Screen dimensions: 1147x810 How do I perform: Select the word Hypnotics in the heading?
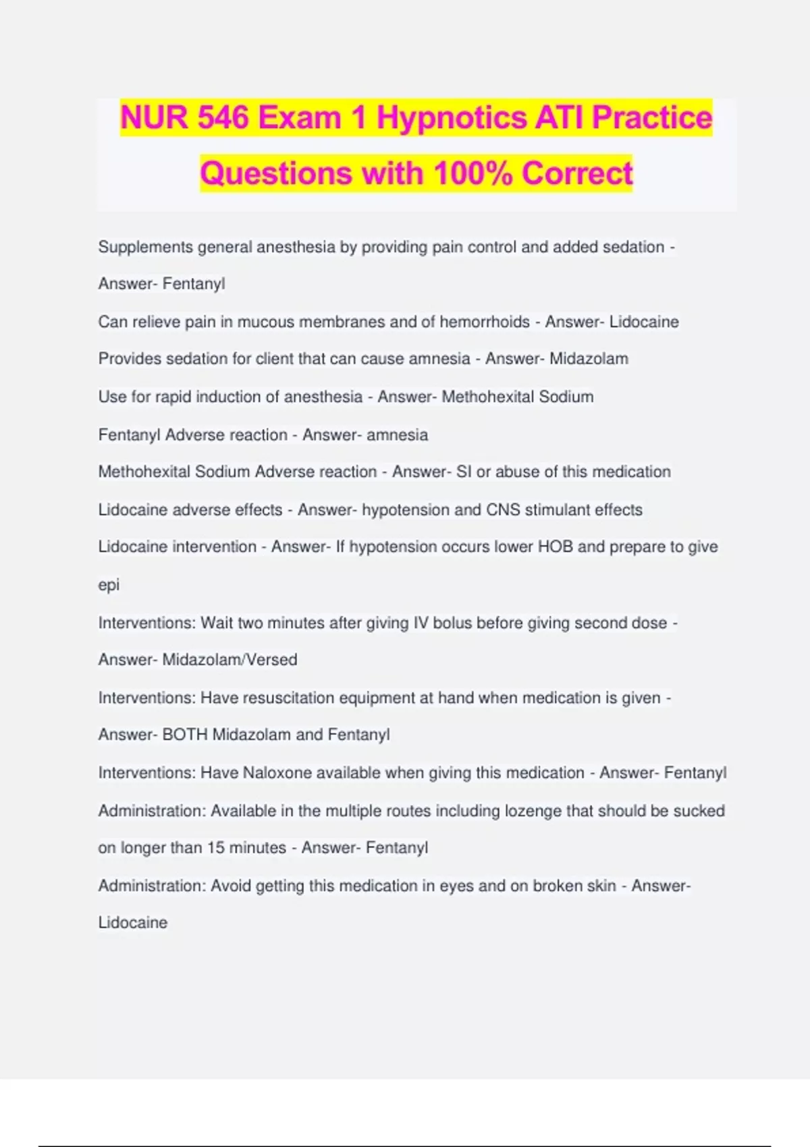(x=452, y=118)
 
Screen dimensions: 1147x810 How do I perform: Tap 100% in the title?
(x=473, y=173)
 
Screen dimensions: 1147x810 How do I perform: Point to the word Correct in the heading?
(x=577, y=173)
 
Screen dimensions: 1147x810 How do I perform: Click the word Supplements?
(x=145, y=247)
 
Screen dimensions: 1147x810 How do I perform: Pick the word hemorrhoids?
(x=485, y=322)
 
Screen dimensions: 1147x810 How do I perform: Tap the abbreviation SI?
(x=464, y=472)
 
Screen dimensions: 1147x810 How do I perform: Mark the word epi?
(x=109, y=585)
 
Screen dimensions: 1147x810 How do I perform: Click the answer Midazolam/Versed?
(x=230, y=659)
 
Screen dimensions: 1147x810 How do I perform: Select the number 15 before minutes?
(x=215, y=847)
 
